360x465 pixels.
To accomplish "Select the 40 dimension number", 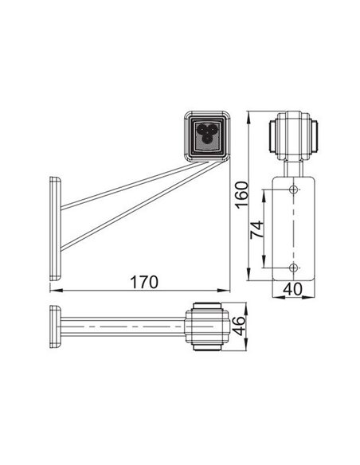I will [294, 291].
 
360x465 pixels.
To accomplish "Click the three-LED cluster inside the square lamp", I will [207, 133].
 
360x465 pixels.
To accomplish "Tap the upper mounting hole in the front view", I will [294, 190].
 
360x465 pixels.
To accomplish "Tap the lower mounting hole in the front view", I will [294, 266].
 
